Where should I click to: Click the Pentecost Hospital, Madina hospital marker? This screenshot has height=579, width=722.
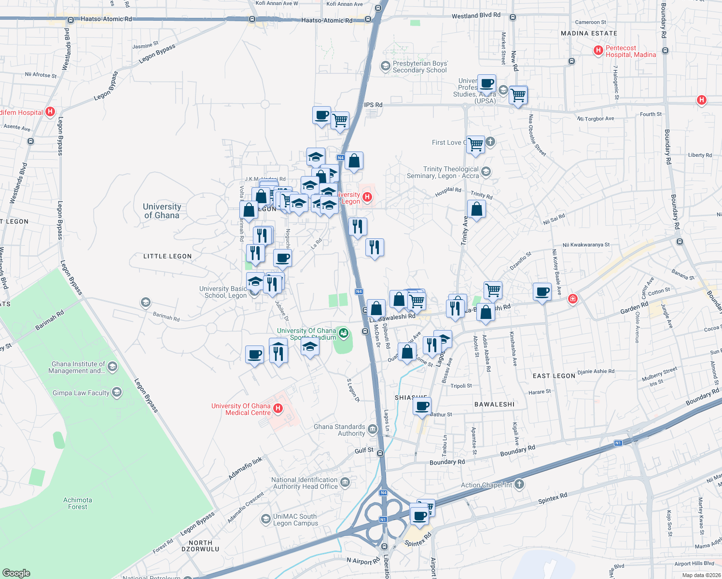point(598,50)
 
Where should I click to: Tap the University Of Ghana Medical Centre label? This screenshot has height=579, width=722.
point(241,409)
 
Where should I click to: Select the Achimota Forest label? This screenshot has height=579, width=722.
point(78,503)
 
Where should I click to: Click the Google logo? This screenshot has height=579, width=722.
point(16,573)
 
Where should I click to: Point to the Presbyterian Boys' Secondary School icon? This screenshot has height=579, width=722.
point(385,66)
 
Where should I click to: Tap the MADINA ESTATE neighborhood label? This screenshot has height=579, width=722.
point(589,33)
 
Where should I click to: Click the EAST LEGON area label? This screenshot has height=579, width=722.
point(554,376)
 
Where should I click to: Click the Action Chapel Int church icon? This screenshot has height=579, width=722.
point(519,484)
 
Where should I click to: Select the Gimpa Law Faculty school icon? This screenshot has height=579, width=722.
point(117,392)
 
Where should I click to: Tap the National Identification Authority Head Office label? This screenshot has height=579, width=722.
point(305,483)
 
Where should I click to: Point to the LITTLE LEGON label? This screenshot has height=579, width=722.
point(167,256)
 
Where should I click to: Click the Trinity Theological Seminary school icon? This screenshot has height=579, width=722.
point(486,172)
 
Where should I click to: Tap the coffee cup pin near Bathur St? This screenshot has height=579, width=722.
point(422,406)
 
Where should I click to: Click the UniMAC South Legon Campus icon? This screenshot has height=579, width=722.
point(265,519)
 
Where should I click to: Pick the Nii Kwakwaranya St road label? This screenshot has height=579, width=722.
point(586,245)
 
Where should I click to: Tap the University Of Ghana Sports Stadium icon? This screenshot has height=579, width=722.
point(344,332)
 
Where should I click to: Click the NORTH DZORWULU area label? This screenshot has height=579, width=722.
point(200,546)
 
